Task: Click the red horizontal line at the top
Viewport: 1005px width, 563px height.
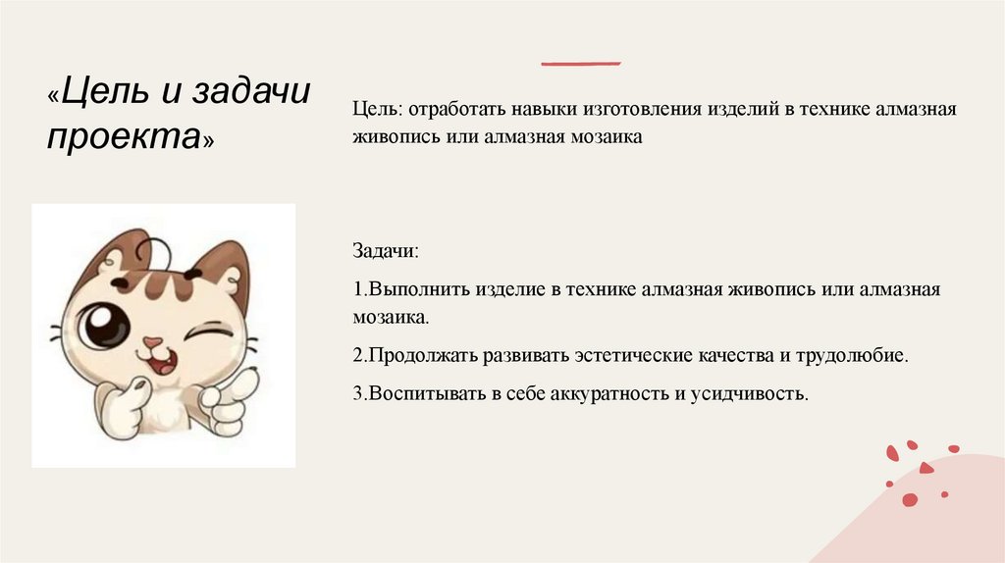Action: pos(581,64)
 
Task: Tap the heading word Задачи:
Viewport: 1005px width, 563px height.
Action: pos(386,252)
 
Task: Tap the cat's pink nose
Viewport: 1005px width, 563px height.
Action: pos(151,344)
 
